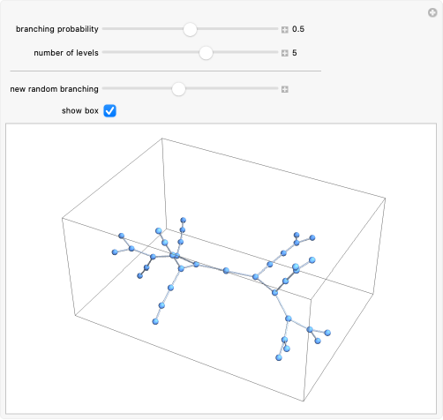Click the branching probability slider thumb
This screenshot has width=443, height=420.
pos(190,29)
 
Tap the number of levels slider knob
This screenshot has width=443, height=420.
pos(206,53)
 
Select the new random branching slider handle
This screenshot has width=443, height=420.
pos(178,89)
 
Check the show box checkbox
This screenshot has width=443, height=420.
pos(109,111)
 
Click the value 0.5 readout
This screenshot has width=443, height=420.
pos(298,29)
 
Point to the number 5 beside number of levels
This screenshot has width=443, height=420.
pos(295,53)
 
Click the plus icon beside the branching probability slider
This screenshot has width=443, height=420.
pos(284,30)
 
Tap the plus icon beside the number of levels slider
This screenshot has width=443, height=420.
pos(284,53)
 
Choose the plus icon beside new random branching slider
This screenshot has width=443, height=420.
pos(284,89)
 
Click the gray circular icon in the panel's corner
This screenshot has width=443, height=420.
pos(432,13)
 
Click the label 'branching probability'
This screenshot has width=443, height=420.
pos(57,29)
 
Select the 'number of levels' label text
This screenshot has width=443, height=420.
pos(66,53)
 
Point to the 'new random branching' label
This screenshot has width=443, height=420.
pos(55,89)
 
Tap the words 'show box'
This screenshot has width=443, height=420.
pos(80,111)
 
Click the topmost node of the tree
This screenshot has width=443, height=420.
pos(184,220)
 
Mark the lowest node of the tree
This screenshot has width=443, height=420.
pos(279,357)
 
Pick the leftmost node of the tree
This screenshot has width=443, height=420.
pos(115,252)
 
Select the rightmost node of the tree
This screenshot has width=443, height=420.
pos(327,333)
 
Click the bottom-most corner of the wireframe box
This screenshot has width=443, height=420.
pos(304,401)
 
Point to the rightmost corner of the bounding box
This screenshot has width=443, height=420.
pos(386,199)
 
